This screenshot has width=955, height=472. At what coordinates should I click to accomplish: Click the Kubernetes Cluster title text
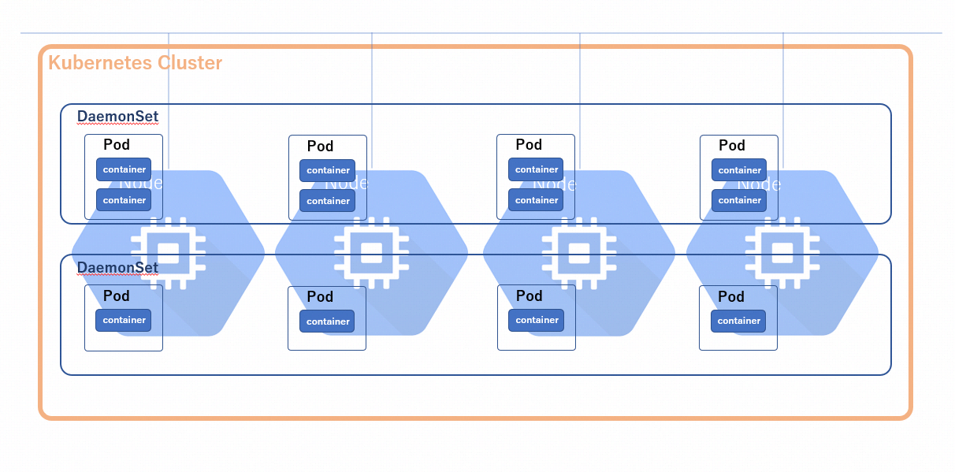point(135,63)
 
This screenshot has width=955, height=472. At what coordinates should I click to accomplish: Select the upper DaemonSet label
point(117,117)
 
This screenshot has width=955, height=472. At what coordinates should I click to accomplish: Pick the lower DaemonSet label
point(117,268)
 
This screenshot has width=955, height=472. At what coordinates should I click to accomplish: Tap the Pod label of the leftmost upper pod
point(117,145)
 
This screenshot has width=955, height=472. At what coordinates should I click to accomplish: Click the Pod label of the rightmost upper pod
point(732,146)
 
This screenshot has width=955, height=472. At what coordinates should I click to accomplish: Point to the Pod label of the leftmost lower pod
point(117,296)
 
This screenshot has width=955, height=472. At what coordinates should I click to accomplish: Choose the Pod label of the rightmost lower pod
point(731,297)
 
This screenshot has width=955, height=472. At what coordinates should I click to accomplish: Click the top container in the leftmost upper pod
point(124,169)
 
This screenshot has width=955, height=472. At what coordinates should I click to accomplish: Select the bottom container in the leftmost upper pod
point(124,200)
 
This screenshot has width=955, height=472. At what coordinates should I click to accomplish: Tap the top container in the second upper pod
point(328,170)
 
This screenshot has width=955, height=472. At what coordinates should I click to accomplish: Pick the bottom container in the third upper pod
point(536,200)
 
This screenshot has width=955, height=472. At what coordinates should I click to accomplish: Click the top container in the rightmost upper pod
point(739,170)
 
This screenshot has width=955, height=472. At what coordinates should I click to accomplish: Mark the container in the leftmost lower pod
point(123,320)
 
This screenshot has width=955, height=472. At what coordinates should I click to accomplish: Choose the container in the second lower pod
point(327,321)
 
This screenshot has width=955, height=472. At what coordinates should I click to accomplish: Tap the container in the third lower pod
point(536,320)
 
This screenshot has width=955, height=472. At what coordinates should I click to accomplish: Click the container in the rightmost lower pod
point(738,321)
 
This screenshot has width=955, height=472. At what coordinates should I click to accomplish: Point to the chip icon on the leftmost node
point(168,253)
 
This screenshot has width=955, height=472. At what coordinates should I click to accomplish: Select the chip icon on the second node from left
point(371,253)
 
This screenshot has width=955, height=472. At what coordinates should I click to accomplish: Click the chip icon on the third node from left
point(579,253)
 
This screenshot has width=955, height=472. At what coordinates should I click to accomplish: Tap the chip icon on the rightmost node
point(782,253)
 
